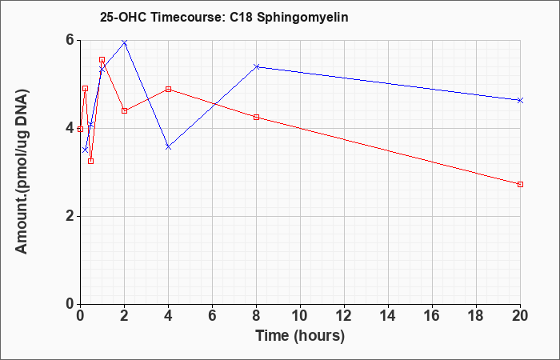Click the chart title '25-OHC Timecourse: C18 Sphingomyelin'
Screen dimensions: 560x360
[x=224, y=18]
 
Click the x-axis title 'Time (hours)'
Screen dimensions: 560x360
[x=300, y=336]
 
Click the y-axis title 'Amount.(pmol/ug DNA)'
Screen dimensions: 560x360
[x=22, y=172]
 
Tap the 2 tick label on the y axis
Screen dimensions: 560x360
[x=70, y=217]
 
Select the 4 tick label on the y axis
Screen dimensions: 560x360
[x=70, y=129]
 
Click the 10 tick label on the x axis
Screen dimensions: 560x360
[x=300, y=316]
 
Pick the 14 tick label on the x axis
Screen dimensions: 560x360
[x=388, y=316]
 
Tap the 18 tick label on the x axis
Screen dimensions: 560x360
[x=476, y=316]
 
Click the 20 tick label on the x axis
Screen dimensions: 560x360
[x=520, y=316]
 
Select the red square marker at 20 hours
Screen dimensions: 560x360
[x=520, y=184]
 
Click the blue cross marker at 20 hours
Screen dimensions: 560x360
[x=520, y=100]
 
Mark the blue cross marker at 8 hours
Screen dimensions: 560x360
[x=257, y=66]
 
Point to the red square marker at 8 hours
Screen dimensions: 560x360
[x=257, y=117]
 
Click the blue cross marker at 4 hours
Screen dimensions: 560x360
[x=168, y=147]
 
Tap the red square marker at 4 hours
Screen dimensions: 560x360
[x=168, y=89]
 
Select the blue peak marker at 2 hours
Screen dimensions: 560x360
[x=124, y=43]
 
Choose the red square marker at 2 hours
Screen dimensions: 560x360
[x=124, y=110]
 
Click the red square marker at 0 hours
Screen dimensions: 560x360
[x=80, y=130]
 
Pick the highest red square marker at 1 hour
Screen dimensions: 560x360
[x=102, y=60]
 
